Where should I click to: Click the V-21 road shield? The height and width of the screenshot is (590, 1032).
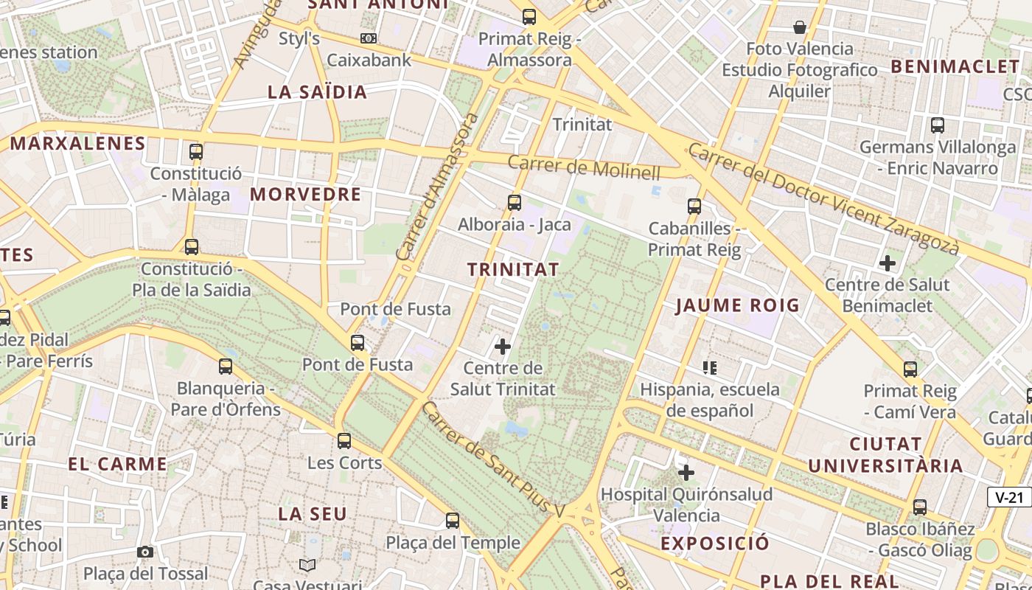coord(1009,497)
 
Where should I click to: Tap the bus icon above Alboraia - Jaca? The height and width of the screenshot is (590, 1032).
coord(515,202)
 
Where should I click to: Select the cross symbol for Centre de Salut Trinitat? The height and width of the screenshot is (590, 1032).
coord(503,346)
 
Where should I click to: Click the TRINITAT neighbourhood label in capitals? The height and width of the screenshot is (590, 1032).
coord(513,270)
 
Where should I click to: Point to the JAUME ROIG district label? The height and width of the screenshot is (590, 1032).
coord(737,305)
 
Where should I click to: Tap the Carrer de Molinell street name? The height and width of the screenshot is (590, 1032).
coord(584,167)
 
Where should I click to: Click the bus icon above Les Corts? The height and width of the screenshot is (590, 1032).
coord(344,441)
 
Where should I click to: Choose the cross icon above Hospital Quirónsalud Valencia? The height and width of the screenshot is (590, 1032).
coord(686,472)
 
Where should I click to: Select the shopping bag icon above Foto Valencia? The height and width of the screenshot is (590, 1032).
coord(799,28)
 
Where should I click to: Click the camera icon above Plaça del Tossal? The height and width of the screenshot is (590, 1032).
coord(145,552)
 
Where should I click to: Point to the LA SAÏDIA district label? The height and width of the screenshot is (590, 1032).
coord(317,92)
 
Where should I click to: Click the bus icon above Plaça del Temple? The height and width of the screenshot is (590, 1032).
coord(453,521)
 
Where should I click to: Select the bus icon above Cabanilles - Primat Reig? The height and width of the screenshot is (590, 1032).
coord(694,206)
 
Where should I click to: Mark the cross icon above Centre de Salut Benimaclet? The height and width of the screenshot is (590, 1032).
coord(888,263)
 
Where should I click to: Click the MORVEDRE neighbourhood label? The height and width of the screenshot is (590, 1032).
coord(305,195)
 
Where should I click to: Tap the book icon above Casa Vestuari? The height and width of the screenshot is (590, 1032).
coord(307,565)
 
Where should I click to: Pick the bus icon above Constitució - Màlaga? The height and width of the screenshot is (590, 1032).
coord(195,152)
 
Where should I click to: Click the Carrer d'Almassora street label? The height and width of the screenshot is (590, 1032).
coord(437,187)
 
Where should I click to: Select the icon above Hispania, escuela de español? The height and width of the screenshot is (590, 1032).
coord(710,367)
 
